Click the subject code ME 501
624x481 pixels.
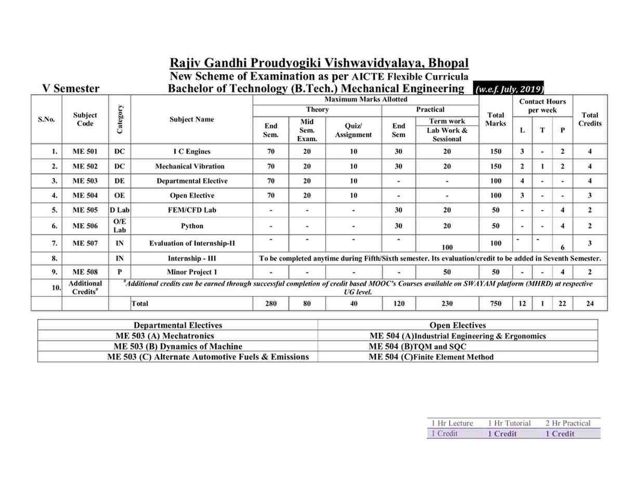[85, 152]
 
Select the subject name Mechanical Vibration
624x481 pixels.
[190, 166]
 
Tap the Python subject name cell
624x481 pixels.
[192, 226]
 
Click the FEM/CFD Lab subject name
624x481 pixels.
[192, 210]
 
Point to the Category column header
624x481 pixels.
[120, 120]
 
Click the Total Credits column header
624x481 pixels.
[590, 120]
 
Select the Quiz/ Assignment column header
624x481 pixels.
[354, 130]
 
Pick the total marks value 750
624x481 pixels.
[496, 304]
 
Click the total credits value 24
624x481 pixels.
[590, 304]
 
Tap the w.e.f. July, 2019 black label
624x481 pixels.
[510, 89]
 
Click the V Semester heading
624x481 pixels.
[71, 88]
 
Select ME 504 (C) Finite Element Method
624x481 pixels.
[431, 357]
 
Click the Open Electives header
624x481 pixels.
[458, 326]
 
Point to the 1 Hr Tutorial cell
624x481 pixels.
[509, 423]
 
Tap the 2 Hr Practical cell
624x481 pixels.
[568, 423]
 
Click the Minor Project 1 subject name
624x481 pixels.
[192, 272]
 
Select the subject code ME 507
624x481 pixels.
[85, 243]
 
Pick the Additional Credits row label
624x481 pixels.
[85, 287]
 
